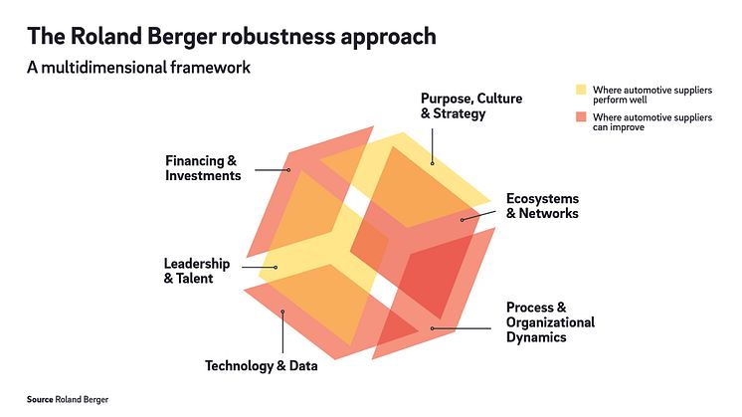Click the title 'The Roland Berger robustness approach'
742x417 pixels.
pyautogui.click(x=231, y=38)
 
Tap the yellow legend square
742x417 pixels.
pyautogui.click(x=582, y=90)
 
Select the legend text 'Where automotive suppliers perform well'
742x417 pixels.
pyautogui.click(x=651, y=96)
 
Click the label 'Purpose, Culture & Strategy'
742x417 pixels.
pyautogui.click(x=470, y=106)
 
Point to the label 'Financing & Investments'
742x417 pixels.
pyautogui.click(x=203, y=168)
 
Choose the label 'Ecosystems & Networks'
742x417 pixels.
pyautogui.click(x=541, y=206)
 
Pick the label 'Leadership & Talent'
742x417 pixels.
pyautogui.click(x=197, y=271)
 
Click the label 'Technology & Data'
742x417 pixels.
pyautogui.click(x=262, y=365)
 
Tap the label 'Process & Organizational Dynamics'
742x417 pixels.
pyautogui.click(x=550, y=322)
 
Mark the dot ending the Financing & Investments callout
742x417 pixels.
pyautogui.click(x=288, y=169)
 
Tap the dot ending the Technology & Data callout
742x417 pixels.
pyautogui.click(x=283, y=313)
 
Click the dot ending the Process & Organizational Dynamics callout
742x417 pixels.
pyautogui.click(x=432, y=326)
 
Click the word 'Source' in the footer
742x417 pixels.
pyautogui.click(x=40, y=398)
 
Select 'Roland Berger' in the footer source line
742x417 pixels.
pyautogui.click(x=83, y=398)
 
